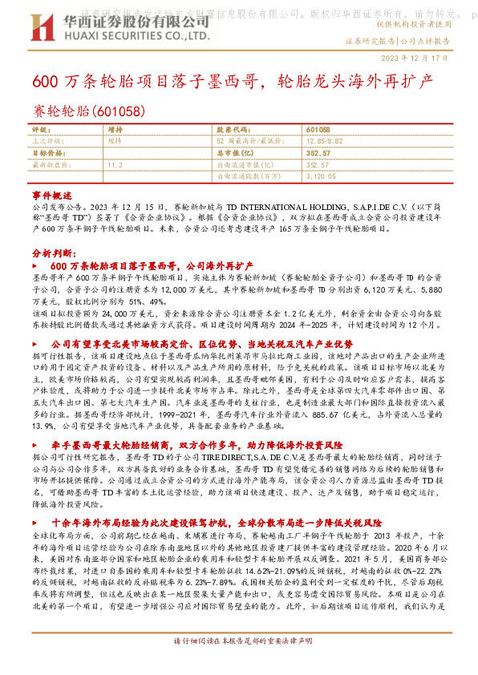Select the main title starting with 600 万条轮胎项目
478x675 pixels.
tap(233, 83)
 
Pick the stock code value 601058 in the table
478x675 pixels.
tap(318, 129)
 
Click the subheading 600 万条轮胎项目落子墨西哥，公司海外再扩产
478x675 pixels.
tap(151, 265)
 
